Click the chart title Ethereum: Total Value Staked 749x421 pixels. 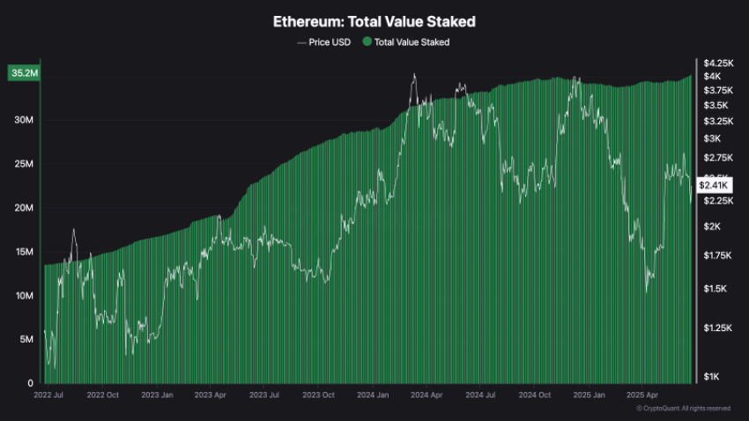pyautogui.click(x=374, y=20)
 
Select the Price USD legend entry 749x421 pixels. pyautogui.click(x=323, y=41)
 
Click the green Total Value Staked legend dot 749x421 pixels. pyautogui.click(x=367, y=41)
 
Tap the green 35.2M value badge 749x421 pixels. pyautogui.click(x=24, y=73)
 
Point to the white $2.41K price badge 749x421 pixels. pyautogui.click(x=714, y=185)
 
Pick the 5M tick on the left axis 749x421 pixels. pyautogui.click(x=26, y=340)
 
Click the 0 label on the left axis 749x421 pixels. pyautogui.click(x=31, y=384)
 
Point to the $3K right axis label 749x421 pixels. pyautogui.click(x=711, y=139)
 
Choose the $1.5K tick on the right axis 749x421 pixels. pyautogui.click(x=714, y=289)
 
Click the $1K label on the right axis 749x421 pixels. pyautogui.click(x=711, y=377)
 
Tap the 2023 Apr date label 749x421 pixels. pyautogui.click(x=210, y=396)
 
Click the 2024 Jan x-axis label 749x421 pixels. pyautogui.click(x=372, y=396)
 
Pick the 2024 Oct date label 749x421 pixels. pyautogui.click(x=534, y=396)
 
